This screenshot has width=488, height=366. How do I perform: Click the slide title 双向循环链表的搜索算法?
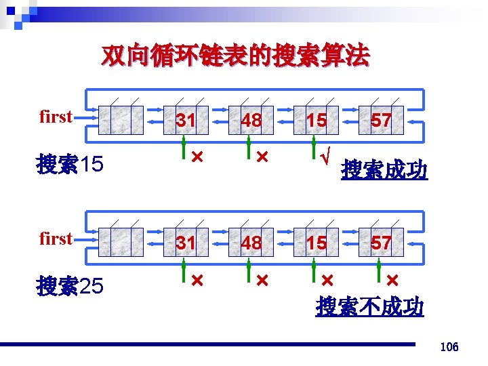(x=235, y=57)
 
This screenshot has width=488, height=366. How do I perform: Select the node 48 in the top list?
(x=251, y=121)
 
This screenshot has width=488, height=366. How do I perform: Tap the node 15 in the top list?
(x=316, y=121)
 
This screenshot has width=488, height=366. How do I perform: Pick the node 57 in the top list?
(x=381, y=121)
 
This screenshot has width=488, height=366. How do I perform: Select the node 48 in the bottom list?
(x=251, y=242)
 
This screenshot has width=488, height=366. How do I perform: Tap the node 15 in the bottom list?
(x=316, y=242)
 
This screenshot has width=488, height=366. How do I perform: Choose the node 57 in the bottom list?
(x=381, y=242)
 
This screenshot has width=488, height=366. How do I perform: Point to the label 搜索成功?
(x=384, y=169)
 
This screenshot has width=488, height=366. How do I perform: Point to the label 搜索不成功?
(x=370, y=306)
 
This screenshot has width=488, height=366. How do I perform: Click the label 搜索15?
(x=70, y=164)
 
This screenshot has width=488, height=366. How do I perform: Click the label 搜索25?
(x=70, y=287)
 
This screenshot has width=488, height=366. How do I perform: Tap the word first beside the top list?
(x=56, y=117)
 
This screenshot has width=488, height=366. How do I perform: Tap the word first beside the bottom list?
(x=56, y=239)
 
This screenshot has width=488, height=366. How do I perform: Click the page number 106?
(x=449, y=347)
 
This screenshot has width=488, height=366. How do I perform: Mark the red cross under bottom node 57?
(x=392, y=279)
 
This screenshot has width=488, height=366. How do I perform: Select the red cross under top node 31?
(x=197, y=157)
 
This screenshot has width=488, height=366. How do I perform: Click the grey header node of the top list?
(x=121, y=121)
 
